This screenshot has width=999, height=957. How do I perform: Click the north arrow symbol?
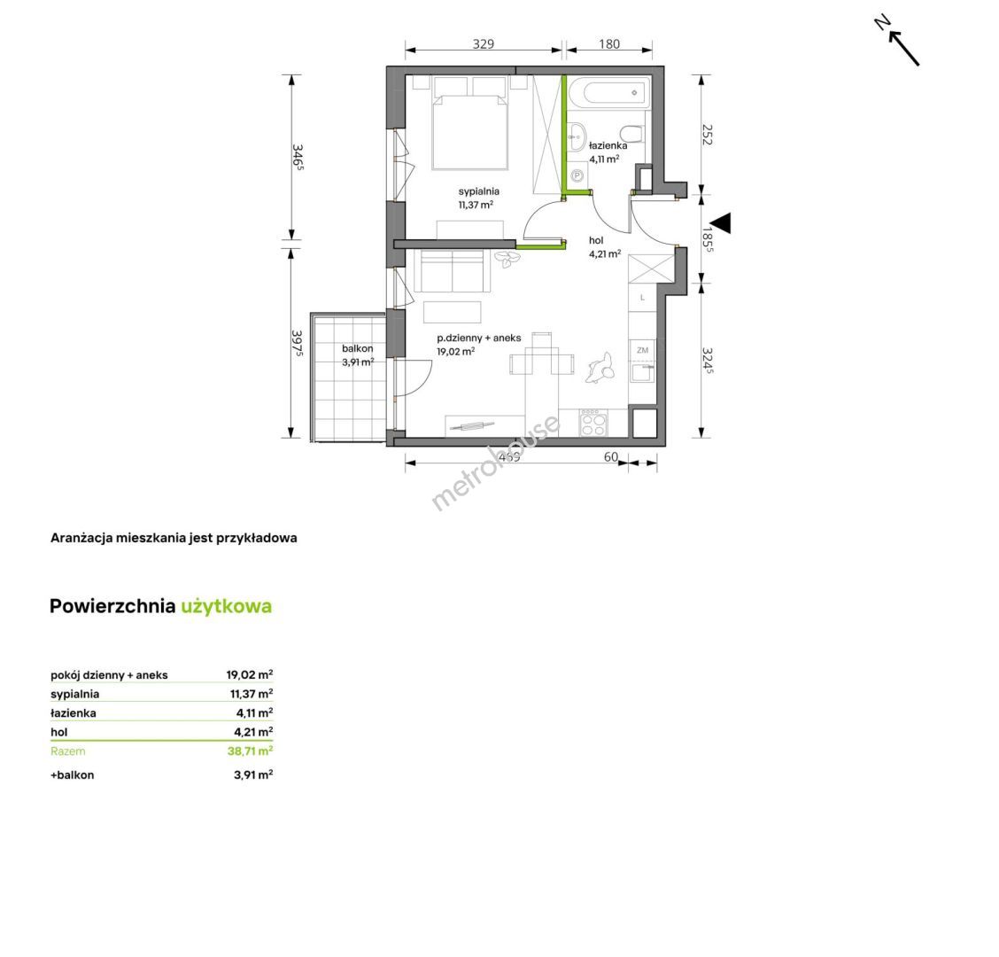click(897, 41)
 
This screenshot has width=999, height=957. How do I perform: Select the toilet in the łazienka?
click(632, 134)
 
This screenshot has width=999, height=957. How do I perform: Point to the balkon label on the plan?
click(358, 349)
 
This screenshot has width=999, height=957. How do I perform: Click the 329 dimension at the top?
click(484, 44)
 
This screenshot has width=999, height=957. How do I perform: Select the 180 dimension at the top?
click(609, 44)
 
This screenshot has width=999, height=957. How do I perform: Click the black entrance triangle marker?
click(721, 223)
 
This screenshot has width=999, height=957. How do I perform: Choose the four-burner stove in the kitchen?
click(593, 423)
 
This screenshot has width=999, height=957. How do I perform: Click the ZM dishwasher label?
click(642, 350)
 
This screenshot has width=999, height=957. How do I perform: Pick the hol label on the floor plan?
click(596, 240)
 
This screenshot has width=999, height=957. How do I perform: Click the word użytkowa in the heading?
click(226, 606)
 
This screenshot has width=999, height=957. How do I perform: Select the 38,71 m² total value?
click(251, 751)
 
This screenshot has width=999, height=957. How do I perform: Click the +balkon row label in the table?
click(73, 775)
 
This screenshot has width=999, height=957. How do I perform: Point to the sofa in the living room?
click(453, 271)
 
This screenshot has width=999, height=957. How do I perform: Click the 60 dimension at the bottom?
click(610, 456)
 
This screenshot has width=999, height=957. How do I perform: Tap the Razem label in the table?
click(67, 751)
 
